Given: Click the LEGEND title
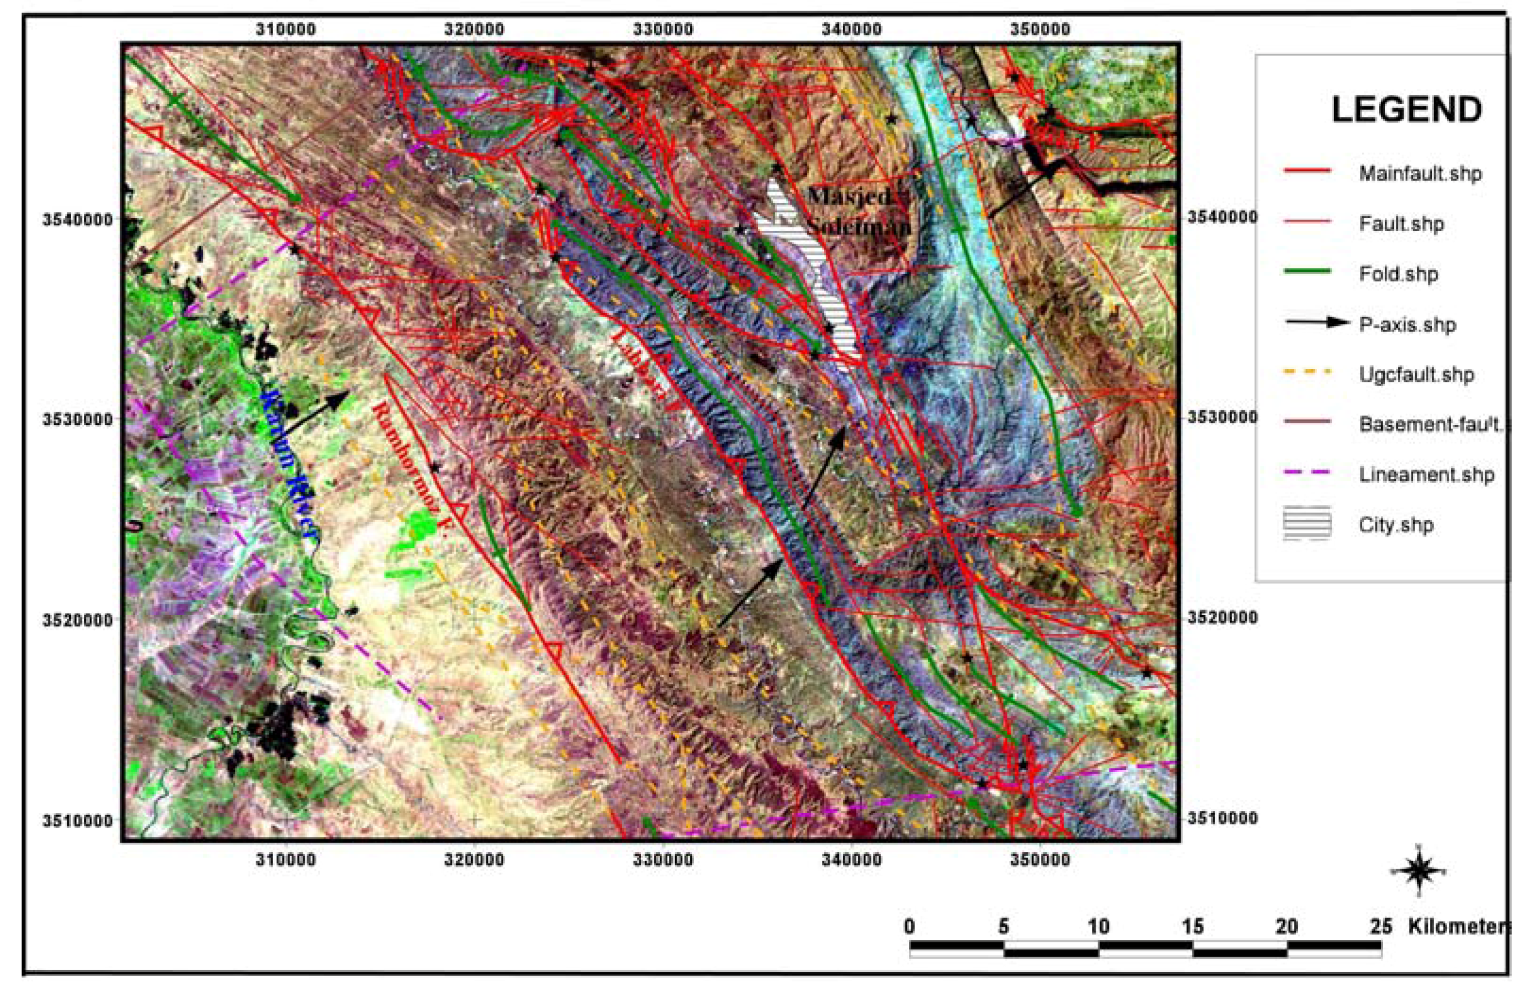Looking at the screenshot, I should point(1406,111).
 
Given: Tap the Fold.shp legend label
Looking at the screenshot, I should point(1398,274).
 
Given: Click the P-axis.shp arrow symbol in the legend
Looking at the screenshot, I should point(1316,323).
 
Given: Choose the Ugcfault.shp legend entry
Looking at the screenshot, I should point(1416,374).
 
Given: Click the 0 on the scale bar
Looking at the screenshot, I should point(909,926).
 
